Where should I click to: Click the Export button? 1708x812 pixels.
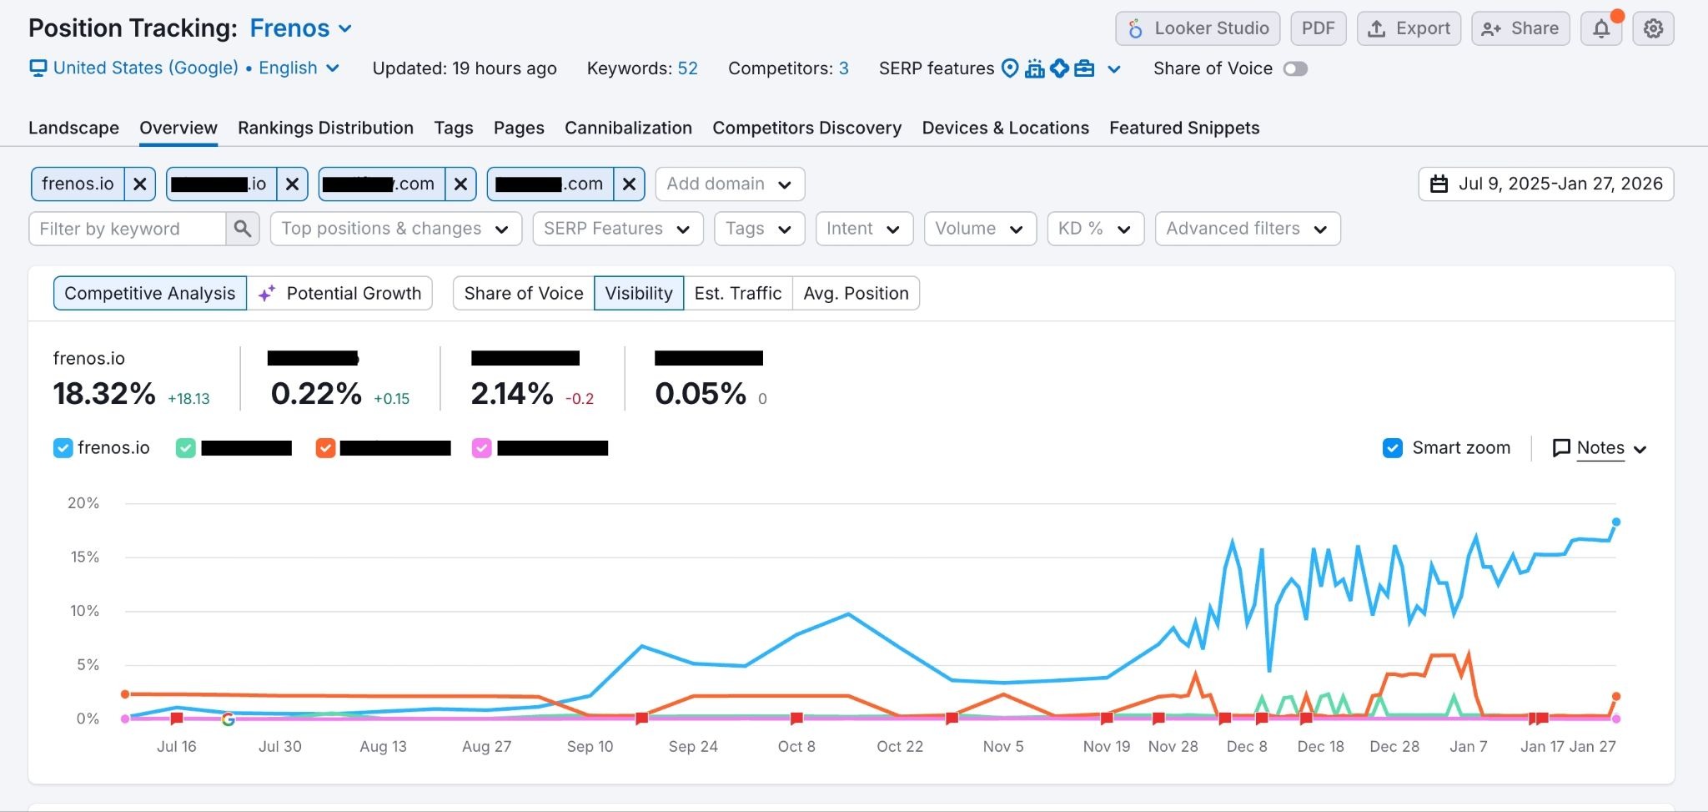(x=1409, y=28)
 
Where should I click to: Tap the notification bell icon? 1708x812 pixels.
(x=1601, y=28)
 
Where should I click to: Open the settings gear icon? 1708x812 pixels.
(x=1653, y=28)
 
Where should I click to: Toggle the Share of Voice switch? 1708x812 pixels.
(x=1295, y=68)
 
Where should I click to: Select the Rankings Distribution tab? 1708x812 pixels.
(x=325, y=128)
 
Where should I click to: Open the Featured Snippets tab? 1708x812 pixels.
(x=1183, y=128)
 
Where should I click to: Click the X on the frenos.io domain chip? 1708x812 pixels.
(x=140, y=184)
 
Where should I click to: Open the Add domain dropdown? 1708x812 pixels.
(x=729, y=184)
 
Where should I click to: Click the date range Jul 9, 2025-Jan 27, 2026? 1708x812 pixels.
(x=1545, y=184)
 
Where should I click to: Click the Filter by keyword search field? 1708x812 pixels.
(x=127, y=229)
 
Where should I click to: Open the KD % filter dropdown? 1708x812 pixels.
(x=1095, y=229)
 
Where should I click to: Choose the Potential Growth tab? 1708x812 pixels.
(x=339, y=293)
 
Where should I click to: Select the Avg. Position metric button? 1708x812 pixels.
(x=856, y=293)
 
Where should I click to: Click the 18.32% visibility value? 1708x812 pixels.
(x=104, y=393)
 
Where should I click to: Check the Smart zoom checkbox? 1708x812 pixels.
(x=1392, y=448)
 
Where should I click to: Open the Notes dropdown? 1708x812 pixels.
(x=1600, y=448)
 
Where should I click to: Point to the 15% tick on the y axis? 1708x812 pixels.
(x=84, y=557)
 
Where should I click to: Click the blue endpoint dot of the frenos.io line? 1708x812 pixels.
(x=1615, y=522)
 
